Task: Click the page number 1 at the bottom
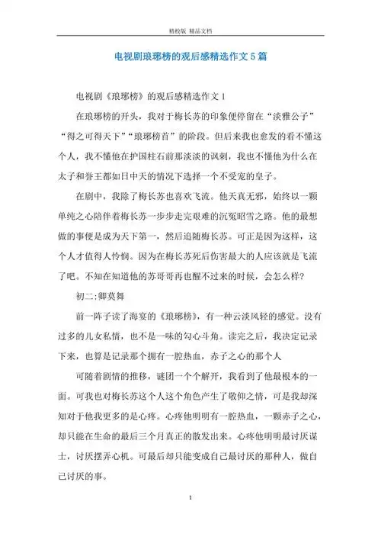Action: point(189,518)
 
